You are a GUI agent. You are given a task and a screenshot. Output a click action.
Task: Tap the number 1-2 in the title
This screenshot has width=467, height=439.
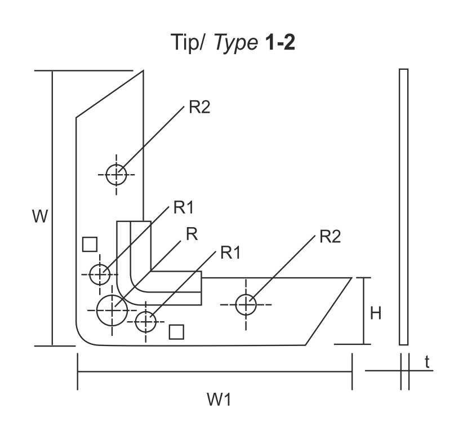280,43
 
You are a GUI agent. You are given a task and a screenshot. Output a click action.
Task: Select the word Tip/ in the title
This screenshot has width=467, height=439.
189,43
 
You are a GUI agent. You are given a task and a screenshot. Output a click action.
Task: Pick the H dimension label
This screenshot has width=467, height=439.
376,313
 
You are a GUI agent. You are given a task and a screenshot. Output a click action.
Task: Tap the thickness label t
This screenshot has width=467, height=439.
428,363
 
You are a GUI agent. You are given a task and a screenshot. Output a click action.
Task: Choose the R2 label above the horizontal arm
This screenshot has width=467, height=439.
330,236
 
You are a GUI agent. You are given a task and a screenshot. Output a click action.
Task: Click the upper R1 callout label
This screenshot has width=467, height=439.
183,208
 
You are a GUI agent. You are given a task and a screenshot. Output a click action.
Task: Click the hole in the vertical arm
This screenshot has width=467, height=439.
117,174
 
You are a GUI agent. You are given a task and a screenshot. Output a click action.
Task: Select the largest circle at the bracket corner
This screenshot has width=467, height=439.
113,309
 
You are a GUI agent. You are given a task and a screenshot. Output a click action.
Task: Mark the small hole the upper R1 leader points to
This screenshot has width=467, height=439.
100,274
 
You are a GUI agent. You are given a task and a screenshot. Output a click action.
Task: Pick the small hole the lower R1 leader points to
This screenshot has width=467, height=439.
146,321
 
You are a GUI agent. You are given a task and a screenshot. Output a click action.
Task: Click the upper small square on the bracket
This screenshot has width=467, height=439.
90,244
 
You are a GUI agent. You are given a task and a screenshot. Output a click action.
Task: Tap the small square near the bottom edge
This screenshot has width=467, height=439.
177,332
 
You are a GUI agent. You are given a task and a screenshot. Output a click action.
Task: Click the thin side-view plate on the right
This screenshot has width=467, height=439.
403,206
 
